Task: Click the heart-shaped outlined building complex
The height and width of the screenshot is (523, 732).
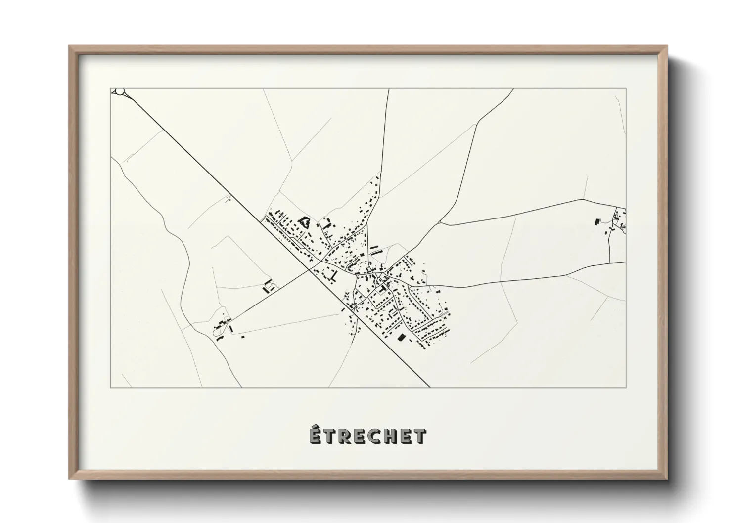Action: coord(304,222)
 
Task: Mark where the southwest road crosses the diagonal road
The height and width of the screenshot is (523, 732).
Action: coord(312,269)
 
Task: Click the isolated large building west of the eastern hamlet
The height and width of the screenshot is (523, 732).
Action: coord(597,220)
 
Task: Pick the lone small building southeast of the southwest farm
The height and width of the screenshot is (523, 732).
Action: coord(243,337)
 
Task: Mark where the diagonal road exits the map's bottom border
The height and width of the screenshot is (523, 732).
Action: coord(429,387)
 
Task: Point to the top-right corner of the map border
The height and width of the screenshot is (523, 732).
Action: coord(626,88)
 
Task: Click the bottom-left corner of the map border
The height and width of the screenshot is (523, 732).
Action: coord(110,387)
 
